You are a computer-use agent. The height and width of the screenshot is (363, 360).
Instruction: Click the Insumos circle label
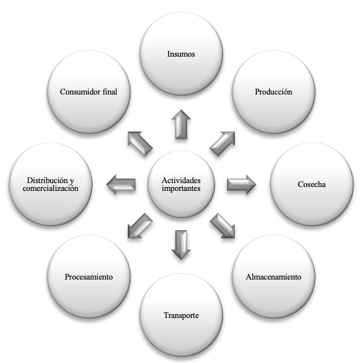point(181,54)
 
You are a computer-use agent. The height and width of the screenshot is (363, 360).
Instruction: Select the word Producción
point(273,92)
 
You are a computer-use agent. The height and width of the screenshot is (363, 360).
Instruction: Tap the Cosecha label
point(312,184)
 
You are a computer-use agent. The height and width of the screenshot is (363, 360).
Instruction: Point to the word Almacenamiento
point(273,277)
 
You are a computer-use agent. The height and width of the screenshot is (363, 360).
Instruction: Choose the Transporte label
point(181,315)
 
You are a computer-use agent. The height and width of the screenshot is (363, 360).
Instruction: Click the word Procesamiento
point(89,277)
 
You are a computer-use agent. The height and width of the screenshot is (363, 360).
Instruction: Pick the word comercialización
point(50,188)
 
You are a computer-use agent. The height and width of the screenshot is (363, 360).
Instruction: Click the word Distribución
point(47,180)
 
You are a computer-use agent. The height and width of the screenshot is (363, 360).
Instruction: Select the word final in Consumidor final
point(110,92)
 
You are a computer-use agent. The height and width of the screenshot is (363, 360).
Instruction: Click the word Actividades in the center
point(181,180)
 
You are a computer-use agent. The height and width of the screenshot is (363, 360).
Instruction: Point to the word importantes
point(181,188)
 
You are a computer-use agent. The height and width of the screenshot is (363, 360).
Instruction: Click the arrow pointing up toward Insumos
point(181,124)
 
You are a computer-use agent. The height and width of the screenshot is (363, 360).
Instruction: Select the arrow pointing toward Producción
point(222,144)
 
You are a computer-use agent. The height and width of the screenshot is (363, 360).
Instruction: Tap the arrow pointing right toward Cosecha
point(241,184)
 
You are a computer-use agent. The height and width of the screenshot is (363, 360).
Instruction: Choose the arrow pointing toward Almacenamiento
point(222,225)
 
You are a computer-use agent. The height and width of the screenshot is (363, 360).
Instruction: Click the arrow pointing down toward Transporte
point(181,244)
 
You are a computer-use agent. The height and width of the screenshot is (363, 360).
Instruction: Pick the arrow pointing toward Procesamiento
point(140,225)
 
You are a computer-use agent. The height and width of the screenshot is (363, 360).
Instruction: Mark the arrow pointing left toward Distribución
point(121,184)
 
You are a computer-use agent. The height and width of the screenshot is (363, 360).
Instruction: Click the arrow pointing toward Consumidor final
point(140,144)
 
